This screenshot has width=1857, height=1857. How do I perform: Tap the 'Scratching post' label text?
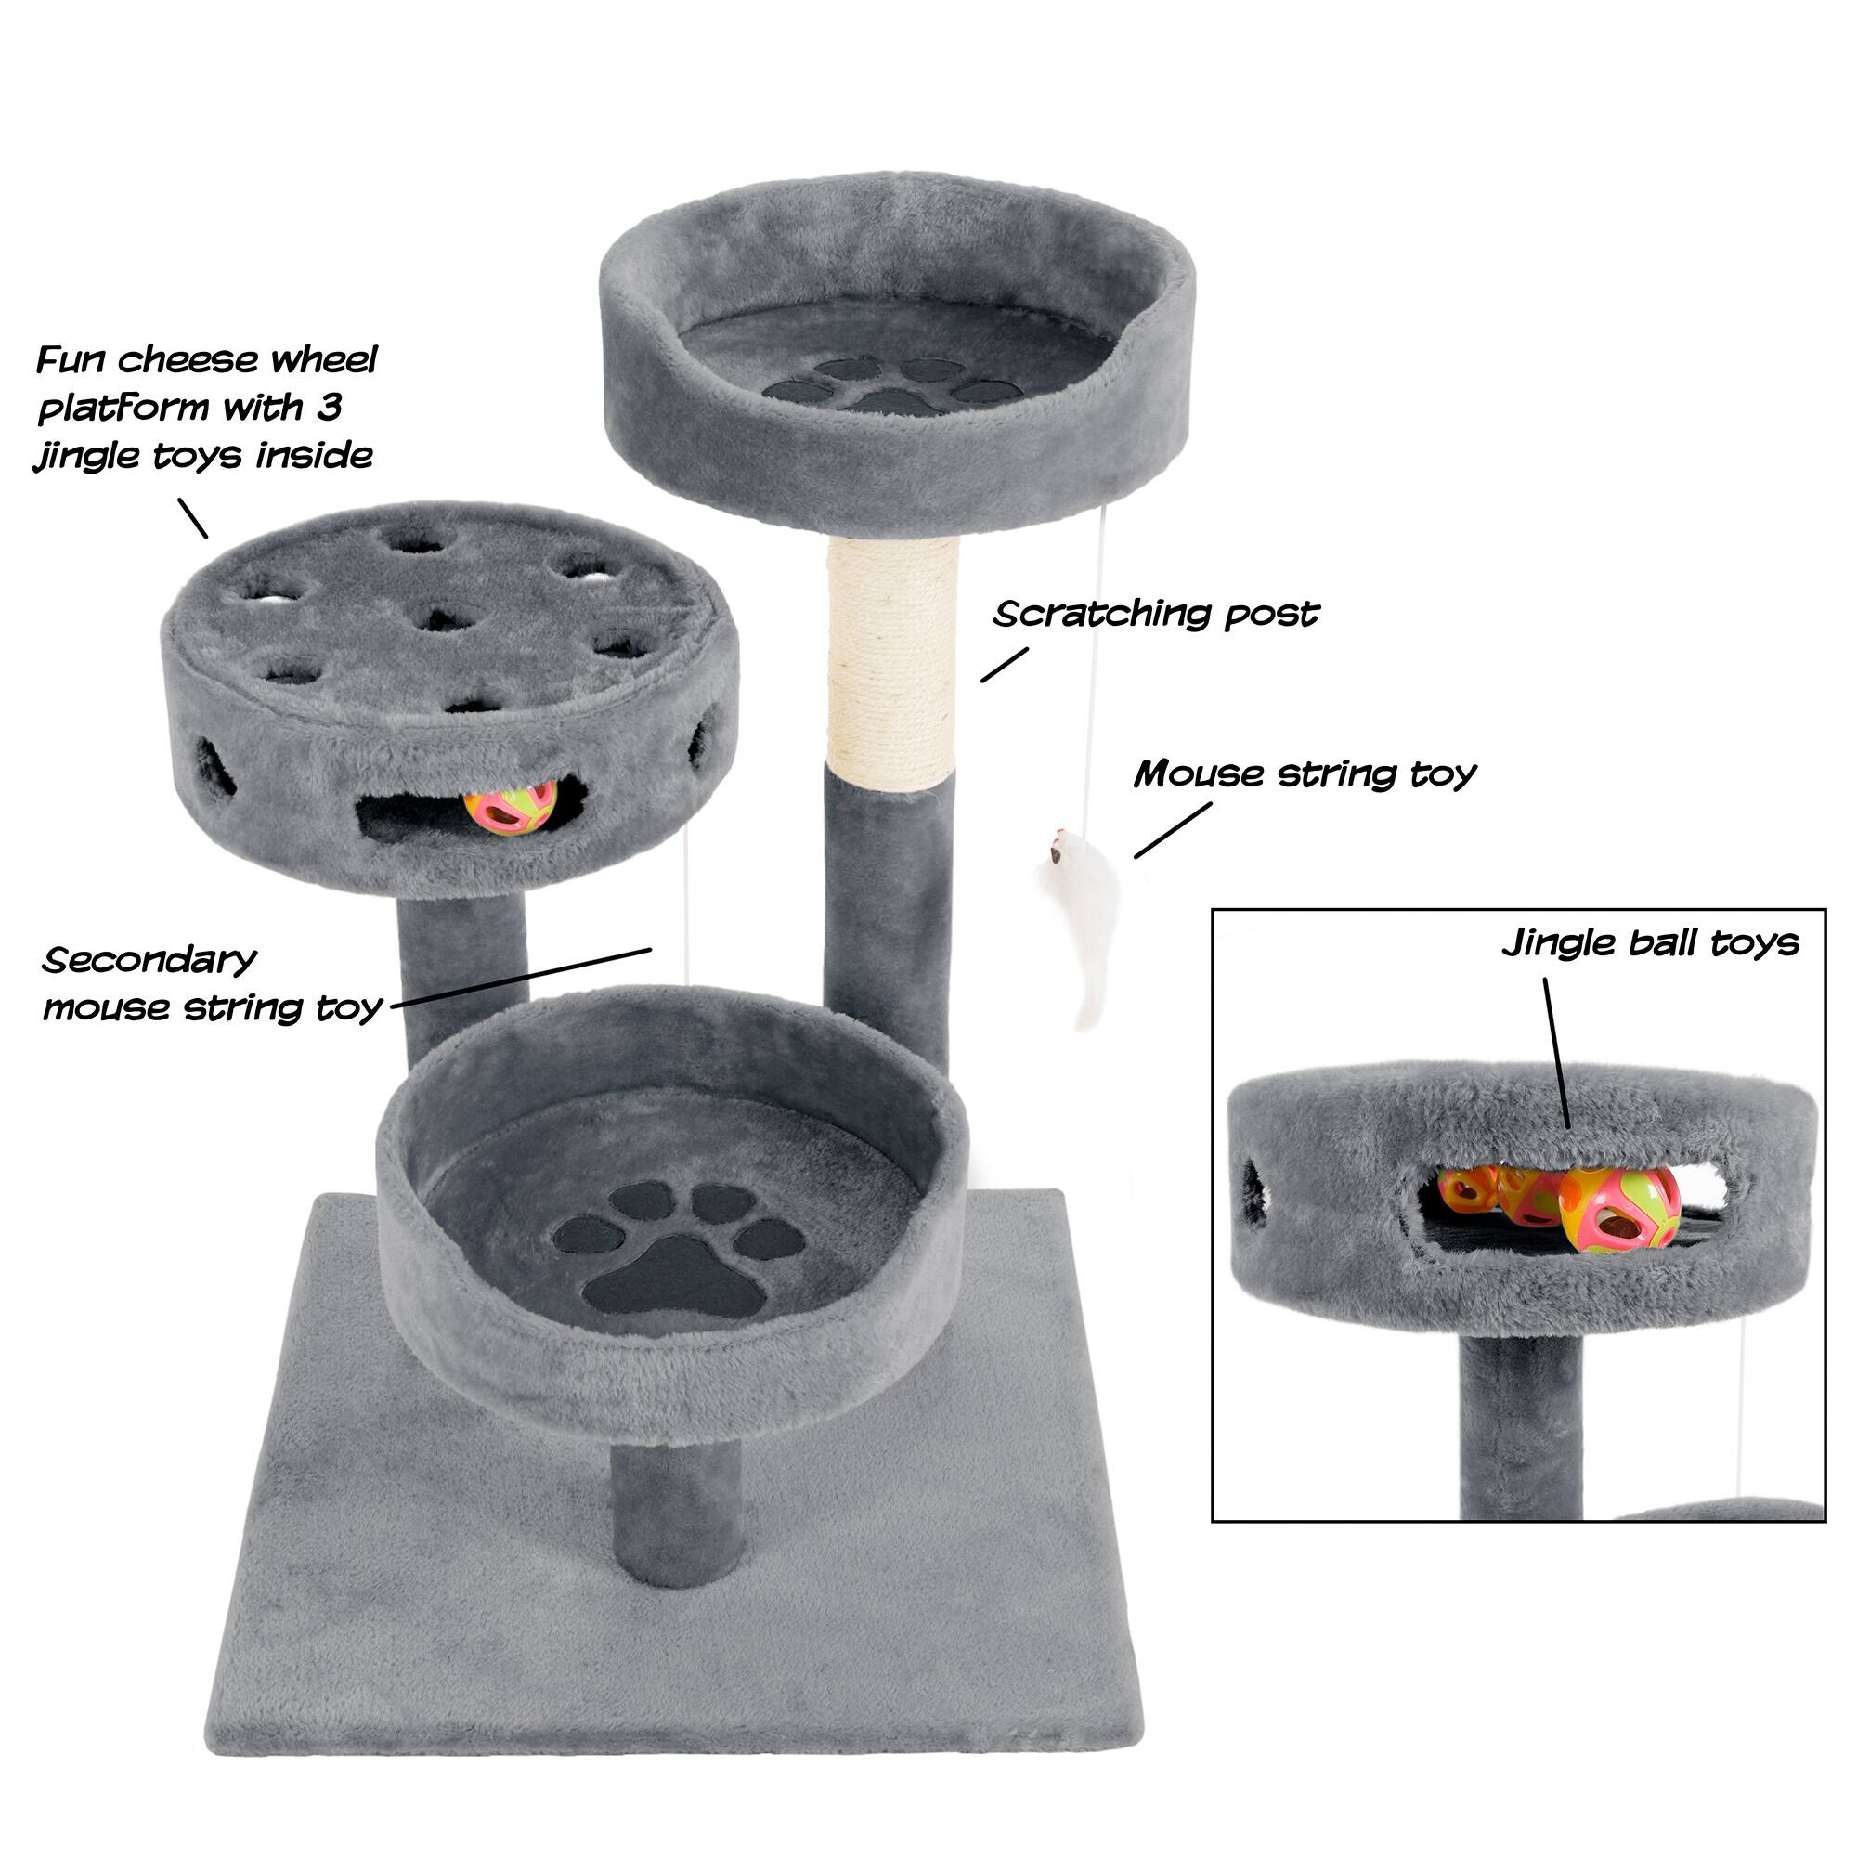pos(1155,613)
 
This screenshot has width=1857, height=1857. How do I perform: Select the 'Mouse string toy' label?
pos(1304,773)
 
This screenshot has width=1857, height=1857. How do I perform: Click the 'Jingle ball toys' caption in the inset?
pos(1649,943)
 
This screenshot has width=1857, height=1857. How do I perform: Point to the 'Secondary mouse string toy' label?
pos(212,983)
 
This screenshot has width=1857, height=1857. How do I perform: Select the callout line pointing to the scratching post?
pos(1005,664)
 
